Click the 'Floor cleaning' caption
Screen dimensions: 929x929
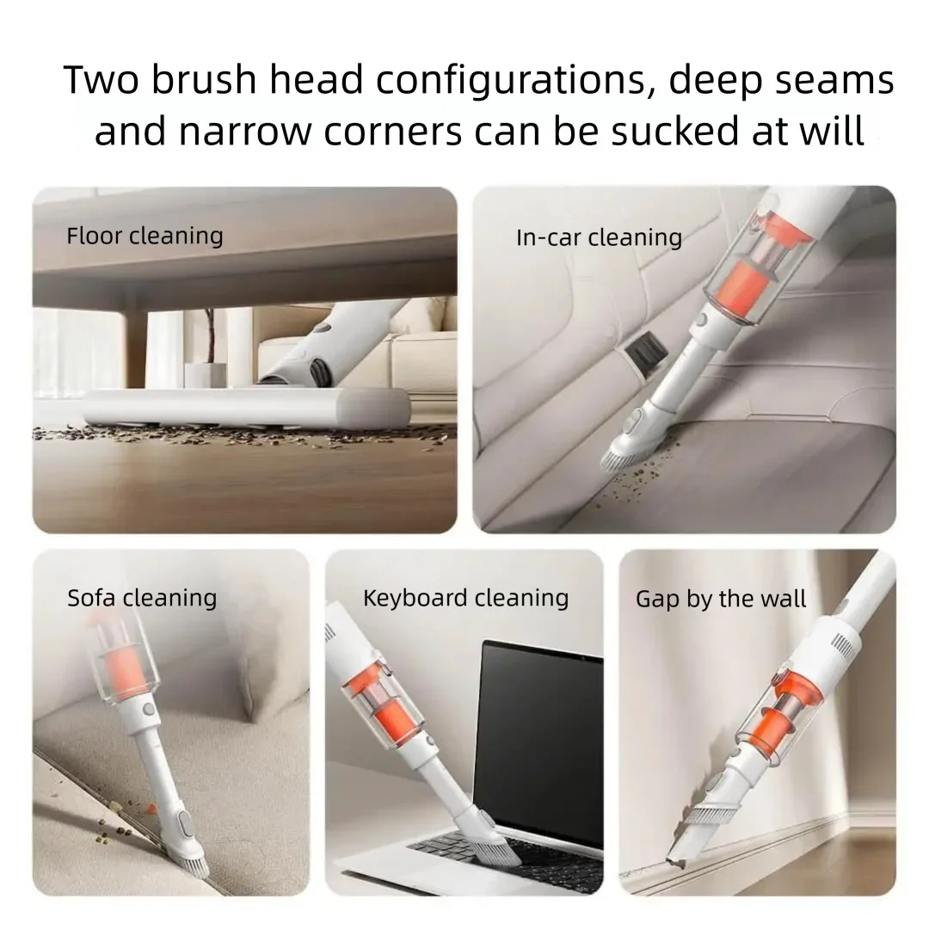point(145,236)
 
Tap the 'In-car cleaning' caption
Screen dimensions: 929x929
point(599,237)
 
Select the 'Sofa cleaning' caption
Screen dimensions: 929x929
point(142,598)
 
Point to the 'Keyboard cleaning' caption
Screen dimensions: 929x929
point(465,598)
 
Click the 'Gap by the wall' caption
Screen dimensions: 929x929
point(721,599)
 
